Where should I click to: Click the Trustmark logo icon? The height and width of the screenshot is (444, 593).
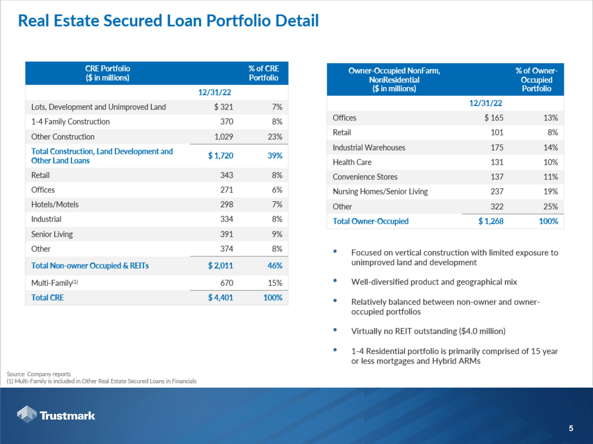[x=27, y=414]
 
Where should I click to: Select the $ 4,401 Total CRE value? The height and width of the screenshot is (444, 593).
[x=220, y=298]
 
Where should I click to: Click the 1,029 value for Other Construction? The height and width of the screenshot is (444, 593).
[x=224, y=137]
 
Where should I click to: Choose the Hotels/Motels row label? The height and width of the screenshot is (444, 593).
[x=55, y=204]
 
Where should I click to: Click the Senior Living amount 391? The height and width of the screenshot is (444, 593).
[x=227, y=234]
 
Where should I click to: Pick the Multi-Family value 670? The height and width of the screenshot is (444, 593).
[x=227, y=283]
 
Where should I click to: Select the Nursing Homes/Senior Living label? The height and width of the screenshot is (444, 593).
[x=380, y=192]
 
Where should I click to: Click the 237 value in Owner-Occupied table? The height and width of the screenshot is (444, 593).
[x=497, y=192]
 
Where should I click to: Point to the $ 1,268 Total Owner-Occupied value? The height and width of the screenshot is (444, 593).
[x=491, y=221]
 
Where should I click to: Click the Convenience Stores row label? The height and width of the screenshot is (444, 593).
[x=365, y=177]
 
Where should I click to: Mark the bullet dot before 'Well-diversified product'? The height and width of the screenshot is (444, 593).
[x=335, y=280]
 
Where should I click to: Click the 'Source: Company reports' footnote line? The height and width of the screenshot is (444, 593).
[x=39, y=374]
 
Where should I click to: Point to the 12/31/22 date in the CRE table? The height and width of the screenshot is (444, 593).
[x=214, y=92]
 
